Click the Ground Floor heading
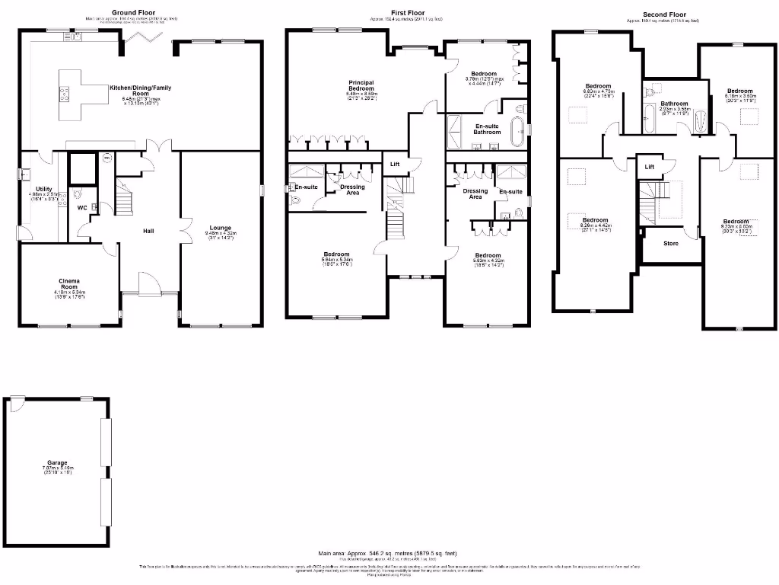[x=135, y=12]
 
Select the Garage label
[x=57, y=462]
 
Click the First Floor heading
[x=407, y=13]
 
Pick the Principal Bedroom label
[x=361, y=85]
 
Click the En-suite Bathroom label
[x=488, y=129]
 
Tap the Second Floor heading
[x=663, y=14]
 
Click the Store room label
[x=670, y=244]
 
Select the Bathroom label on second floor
[x=673, y=104]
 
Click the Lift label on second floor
[x=649, y=166]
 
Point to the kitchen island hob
[x=64, y=94]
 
